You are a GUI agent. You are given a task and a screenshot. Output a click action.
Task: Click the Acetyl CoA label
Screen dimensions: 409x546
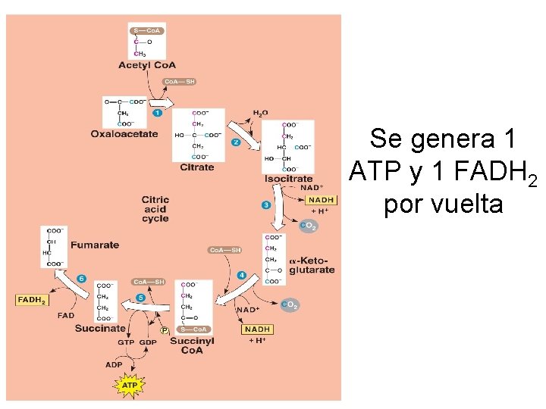146,66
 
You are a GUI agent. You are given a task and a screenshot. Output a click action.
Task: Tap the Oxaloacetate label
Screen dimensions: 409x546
124,134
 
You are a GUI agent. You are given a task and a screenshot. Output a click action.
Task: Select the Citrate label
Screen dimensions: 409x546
197,167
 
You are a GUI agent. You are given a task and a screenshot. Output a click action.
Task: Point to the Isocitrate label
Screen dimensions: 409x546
289,179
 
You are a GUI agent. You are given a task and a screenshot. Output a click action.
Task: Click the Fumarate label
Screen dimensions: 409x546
95,245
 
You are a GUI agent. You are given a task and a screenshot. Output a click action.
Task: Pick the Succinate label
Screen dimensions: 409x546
100,329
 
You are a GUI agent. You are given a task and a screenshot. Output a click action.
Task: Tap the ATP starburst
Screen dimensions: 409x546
130,386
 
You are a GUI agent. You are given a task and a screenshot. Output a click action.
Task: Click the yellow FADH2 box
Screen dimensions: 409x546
32,300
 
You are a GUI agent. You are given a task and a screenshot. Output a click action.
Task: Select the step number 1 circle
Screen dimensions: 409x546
158,113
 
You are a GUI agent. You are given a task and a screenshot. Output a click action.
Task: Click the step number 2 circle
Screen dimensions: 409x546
236,142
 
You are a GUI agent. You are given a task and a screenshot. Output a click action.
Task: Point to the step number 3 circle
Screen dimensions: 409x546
265,204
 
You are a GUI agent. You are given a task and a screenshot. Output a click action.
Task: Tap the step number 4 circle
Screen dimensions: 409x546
241,274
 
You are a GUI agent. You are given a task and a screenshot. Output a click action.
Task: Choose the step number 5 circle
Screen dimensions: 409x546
140,298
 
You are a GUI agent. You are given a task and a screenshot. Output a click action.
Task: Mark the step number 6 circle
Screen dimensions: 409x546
81,279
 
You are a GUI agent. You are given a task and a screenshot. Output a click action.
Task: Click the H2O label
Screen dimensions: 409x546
260,113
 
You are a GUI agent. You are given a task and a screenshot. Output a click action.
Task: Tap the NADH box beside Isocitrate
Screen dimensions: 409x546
322,200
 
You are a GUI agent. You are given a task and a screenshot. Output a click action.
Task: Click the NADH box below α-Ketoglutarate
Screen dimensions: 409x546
258,329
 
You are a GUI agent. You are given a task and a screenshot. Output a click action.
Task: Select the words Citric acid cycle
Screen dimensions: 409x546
155,209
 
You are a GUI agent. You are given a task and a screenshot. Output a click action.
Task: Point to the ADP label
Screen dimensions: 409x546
113,364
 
